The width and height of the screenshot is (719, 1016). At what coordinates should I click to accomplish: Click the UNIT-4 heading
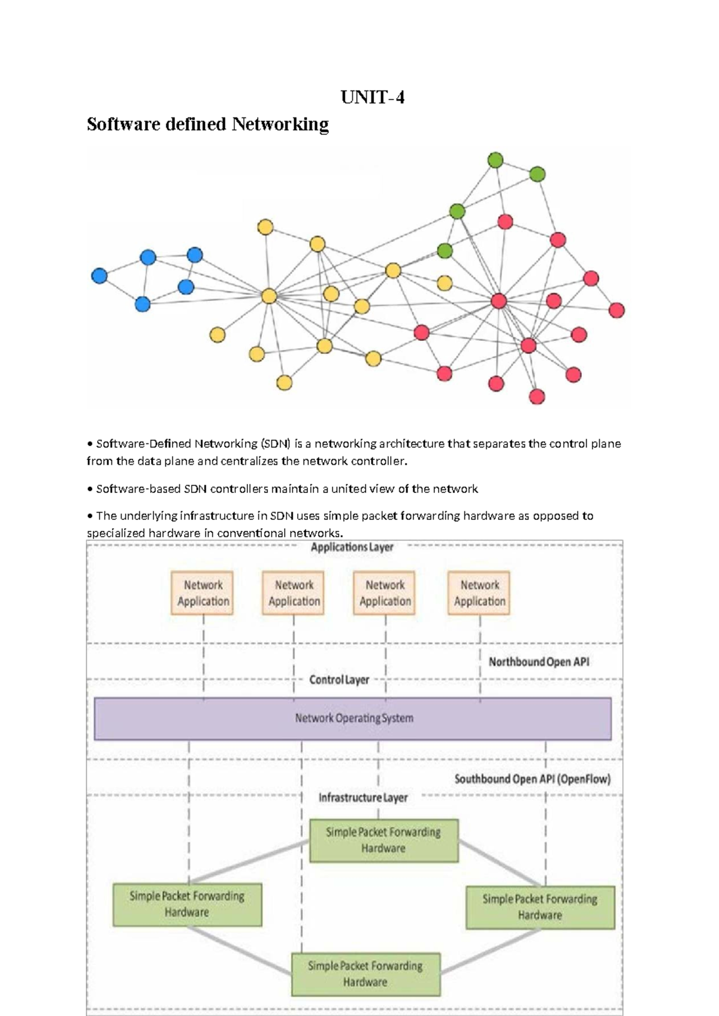(x=372, y=97)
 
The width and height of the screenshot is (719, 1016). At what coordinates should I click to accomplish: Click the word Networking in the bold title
(x=280, y=124)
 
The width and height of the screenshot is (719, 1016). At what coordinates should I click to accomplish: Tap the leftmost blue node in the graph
(x=99, y=276)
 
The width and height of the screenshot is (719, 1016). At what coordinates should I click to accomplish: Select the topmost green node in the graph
(x=496, y=160)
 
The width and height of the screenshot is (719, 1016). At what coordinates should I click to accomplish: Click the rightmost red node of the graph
(x=617, y=310)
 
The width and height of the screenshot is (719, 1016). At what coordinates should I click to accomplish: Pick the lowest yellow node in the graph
(x=285, y=382)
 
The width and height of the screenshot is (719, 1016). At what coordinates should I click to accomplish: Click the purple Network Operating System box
(x=353, y=718)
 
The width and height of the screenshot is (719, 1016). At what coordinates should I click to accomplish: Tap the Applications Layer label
(x=352, y=547)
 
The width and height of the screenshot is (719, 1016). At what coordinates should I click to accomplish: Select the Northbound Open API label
(x=539, y=662)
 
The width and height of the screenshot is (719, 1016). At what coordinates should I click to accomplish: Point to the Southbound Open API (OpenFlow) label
(x=532, y=779)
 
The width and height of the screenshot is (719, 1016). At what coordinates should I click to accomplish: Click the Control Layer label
(x=339, y=680)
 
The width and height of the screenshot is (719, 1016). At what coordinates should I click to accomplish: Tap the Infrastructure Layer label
(x=363, y=797)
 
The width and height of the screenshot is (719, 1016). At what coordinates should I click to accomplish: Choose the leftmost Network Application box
(x=203, y=593)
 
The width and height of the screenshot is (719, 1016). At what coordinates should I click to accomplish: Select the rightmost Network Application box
(x=479, y=593)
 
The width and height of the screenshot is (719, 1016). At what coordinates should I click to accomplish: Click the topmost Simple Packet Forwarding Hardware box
(x=383, y=840)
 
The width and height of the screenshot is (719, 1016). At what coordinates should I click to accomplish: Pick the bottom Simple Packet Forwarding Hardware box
(x=365, y=974)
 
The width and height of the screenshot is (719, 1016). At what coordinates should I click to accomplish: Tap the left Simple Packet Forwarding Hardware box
(x=187, y=904)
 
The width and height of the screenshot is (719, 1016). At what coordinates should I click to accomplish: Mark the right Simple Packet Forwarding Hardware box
(x=540, y=907)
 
